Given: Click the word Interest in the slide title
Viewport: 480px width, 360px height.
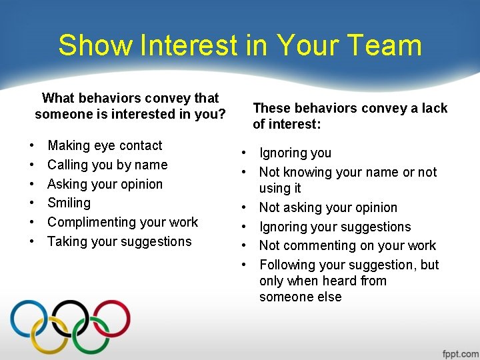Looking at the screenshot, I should pos(187,45).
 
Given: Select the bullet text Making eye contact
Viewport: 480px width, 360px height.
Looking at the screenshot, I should pos(105,145).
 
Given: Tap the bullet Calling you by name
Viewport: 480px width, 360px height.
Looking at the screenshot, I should pos(107,165).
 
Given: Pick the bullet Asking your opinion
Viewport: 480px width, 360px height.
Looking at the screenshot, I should pos(105,184).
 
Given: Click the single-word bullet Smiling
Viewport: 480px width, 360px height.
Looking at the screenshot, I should pos(69,203).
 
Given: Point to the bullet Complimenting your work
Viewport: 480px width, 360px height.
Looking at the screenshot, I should pos(123,222).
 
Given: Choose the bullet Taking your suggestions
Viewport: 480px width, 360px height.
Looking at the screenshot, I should pos(119,241).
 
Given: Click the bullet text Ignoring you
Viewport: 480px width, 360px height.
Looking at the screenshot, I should pos(295,153).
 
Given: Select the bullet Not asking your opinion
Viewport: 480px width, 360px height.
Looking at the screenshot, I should pos(328,207).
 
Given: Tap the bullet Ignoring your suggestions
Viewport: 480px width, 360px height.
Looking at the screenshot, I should pos(335,227).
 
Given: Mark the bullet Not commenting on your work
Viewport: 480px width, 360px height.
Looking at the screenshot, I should pos(347,245).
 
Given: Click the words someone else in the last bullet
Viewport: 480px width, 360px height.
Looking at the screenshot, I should pos(300,297).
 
